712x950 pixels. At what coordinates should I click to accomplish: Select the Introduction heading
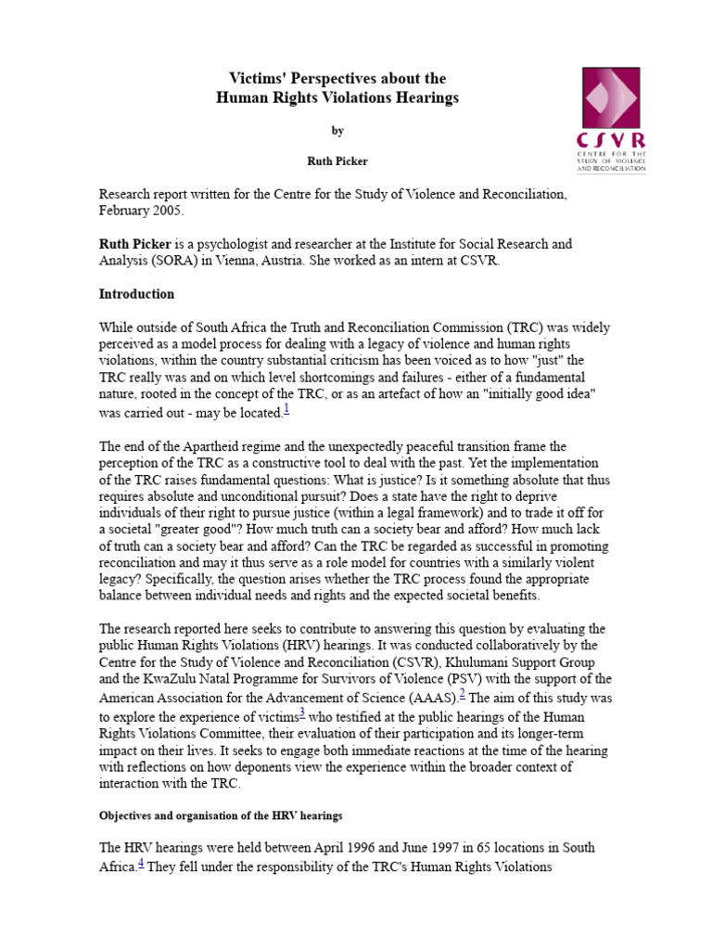coord(136,294)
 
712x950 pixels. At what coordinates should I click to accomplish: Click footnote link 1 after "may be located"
coord(286,409)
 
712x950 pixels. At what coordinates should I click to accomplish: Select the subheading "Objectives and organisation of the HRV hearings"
coord(221,816)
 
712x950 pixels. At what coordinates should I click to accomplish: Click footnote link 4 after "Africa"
coord(141,863)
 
